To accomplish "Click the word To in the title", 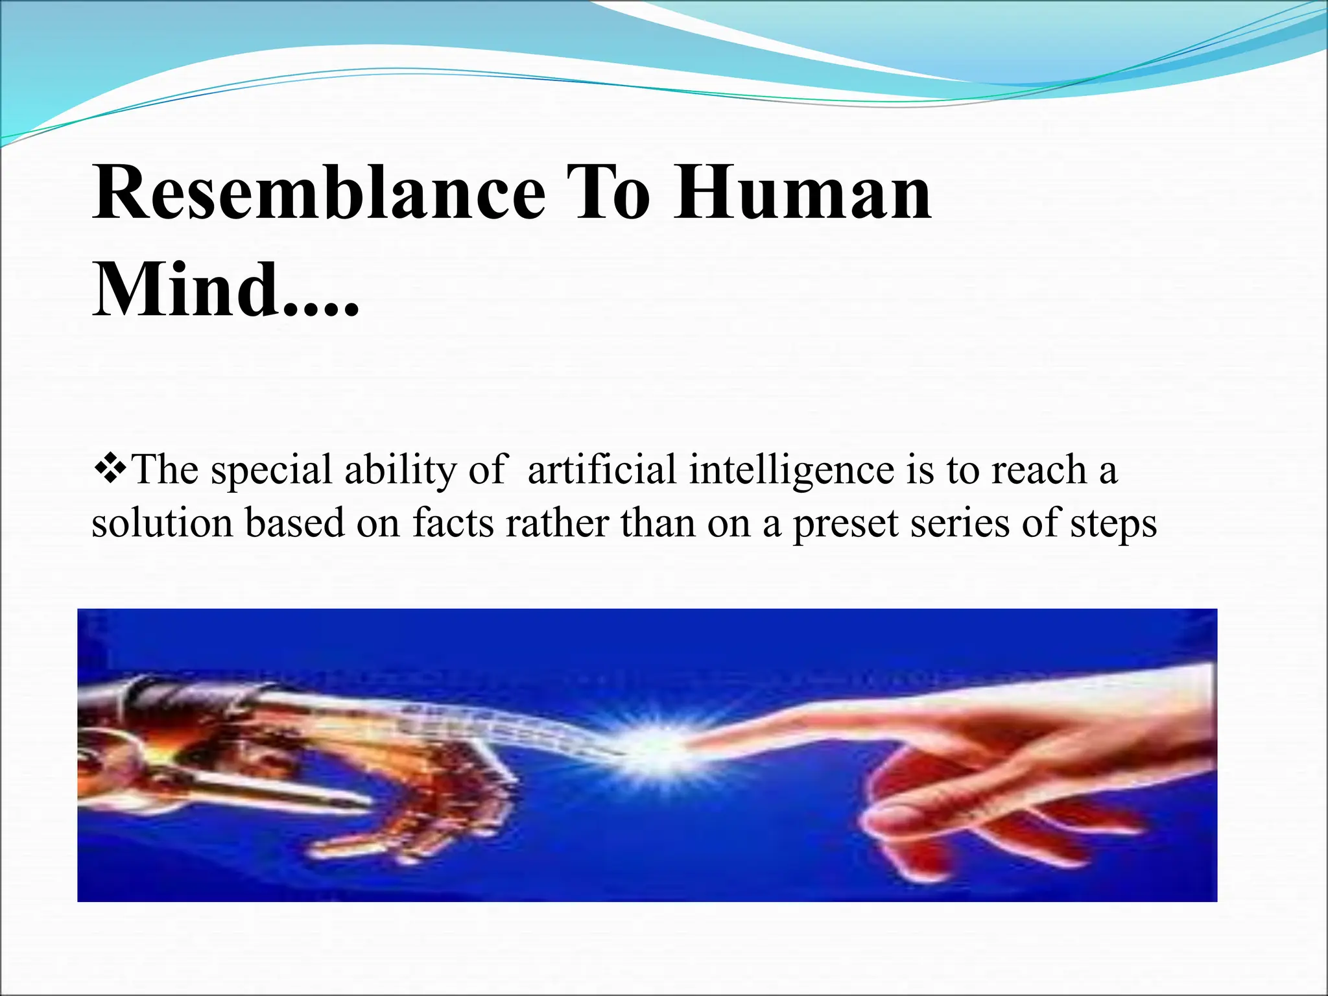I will pos(607,193).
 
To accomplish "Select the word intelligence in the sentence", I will pos(791,471).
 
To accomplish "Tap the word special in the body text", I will pos(272,471).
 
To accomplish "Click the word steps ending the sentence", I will pos(1113,524).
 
